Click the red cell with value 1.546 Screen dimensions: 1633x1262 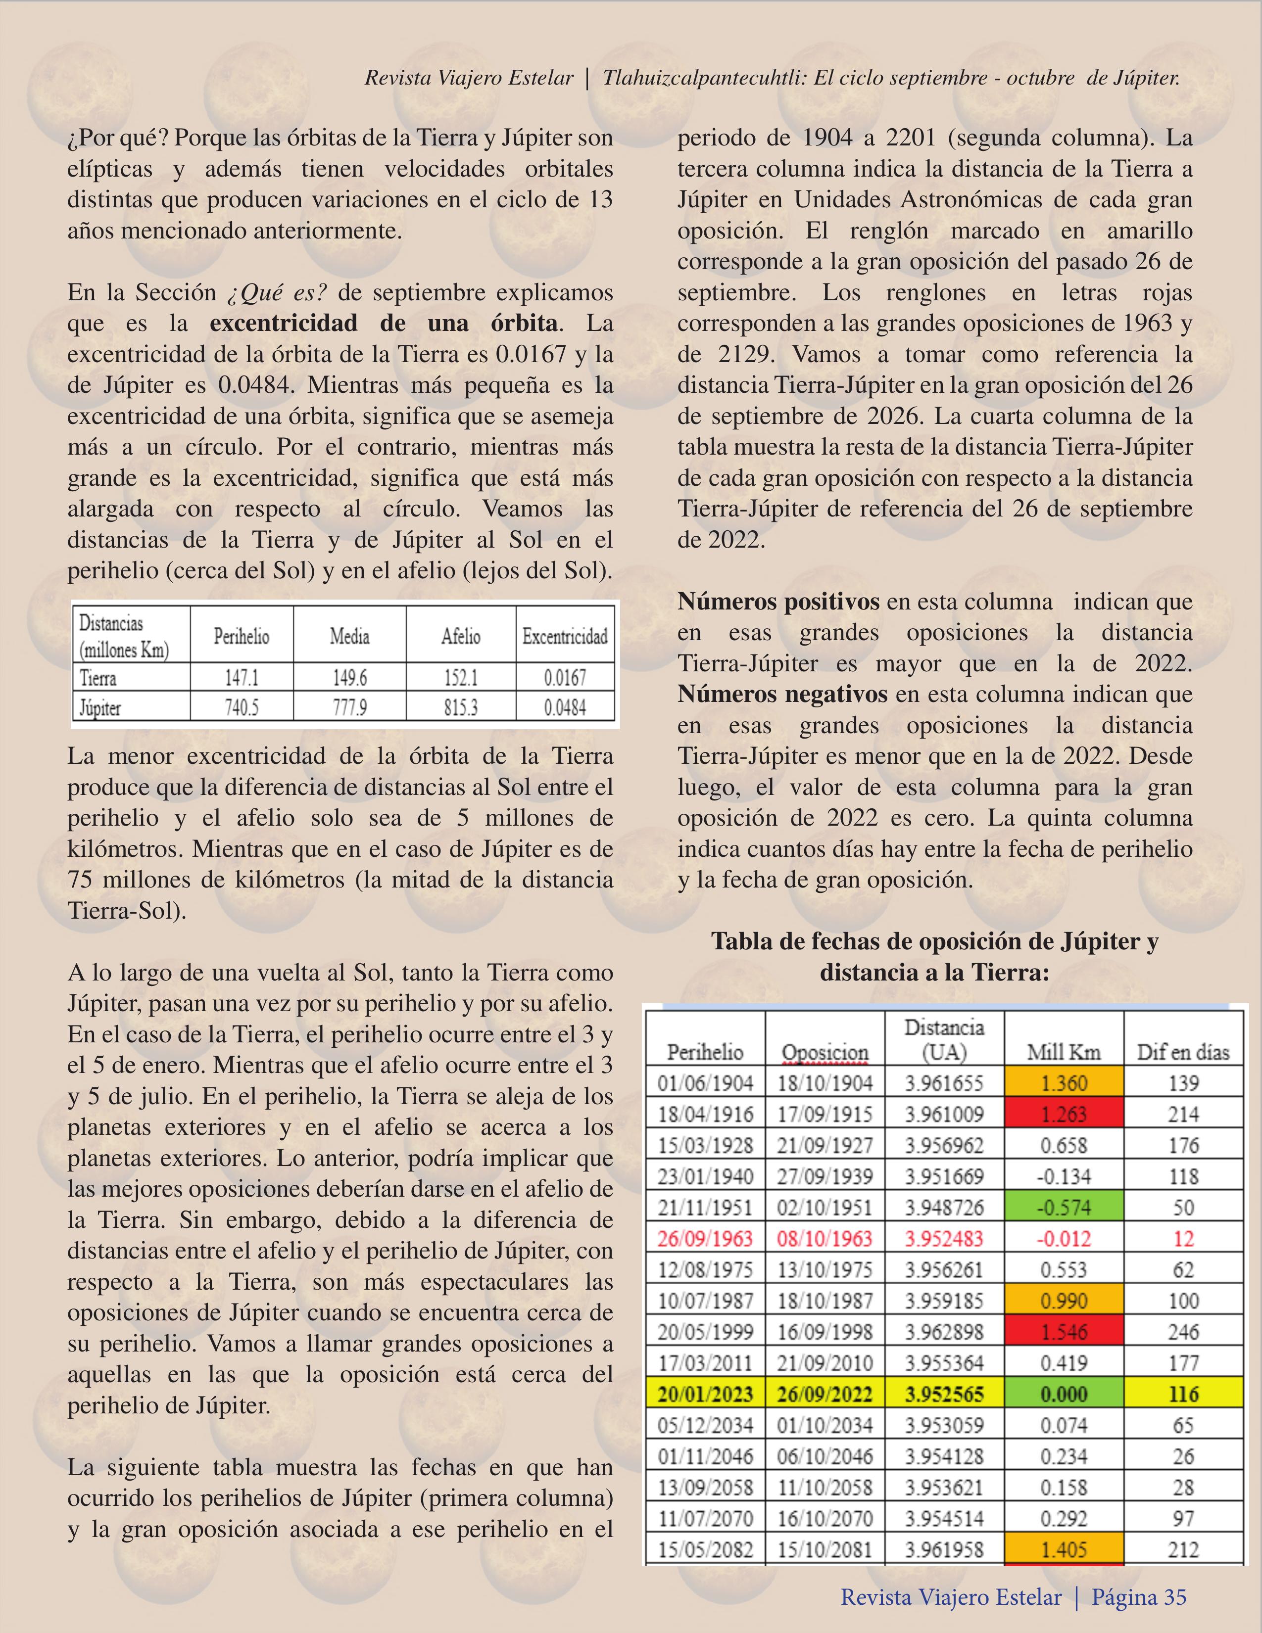point(1064,1332)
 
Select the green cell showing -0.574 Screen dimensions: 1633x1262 point(1064,1208)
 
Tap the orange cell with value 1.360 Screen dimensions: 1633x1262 point(1064,1083)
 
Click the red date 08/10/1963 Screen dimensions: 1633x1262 point(825,1239)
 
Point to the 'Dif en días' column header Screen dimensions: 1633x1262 point(1183,1052)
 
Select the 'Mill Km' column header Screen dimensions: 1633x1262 point(1064,1052)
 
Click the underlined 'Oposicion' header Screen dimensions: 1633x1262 point(825,1053)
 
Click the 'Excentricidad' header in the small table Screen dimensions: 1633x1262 point(565,637)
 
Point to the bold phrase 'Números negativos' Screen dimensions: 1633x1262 point(782,695)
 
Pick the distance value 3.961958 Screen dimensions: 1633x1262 point(944,1550)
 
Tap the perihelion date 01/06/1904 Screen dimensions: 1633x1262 point(705,1083)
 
